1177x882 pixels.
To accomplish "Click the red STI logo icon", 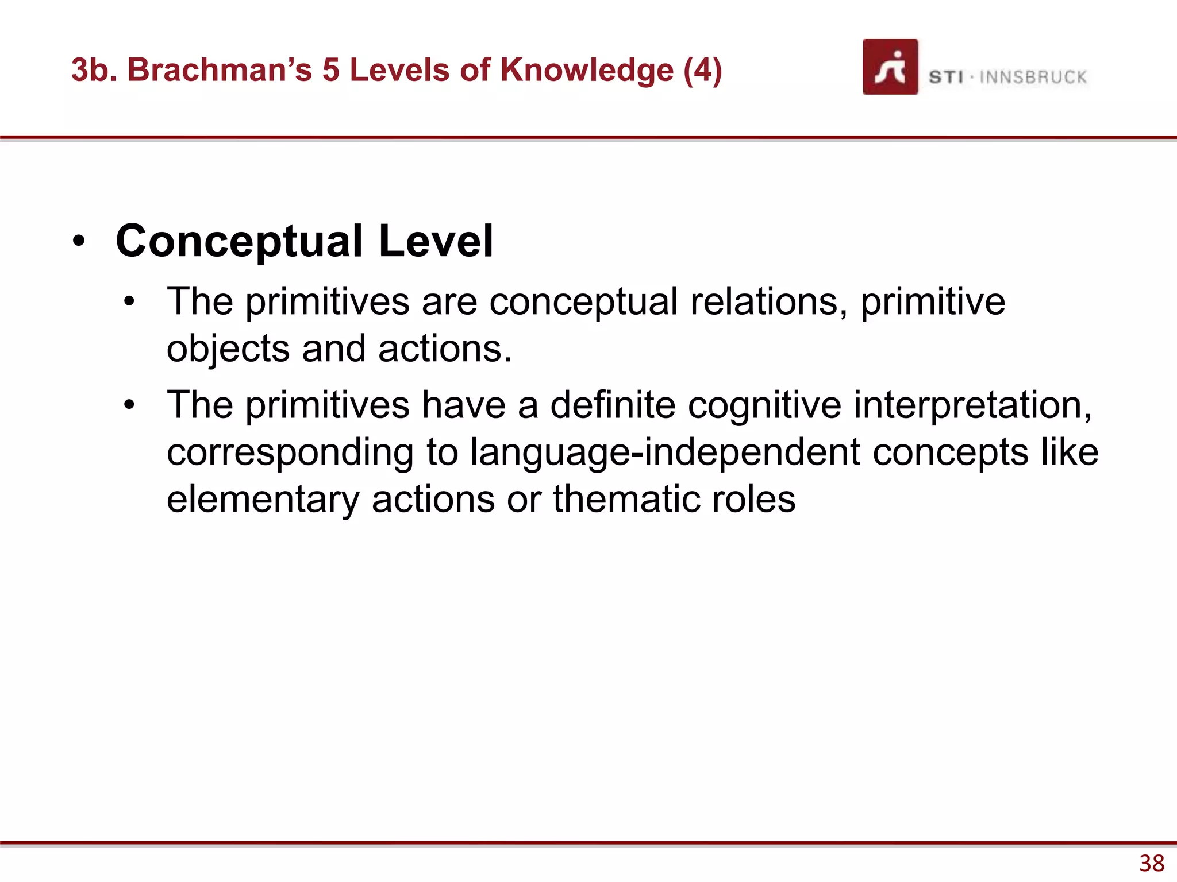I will click(890, 67).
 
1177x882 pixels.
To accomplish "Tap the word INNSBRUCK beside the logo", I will click(1033, 77).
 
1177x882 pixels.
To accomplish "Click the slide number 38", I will click(1152, 863).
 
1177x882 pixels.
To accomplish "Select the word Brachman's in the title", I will click(220, 70).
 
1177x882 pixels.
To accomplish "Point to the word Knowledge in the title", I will click(587, 70).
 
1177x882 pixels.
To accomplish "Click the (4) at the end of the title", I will click(702, 70).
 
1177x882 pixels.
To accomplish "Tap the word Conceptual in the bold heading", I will click(239, 241).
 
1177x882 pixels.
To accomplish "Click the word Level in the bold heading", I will click(436, 241).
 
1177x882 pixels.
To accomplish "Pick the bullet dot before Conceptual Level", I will click(79, 241).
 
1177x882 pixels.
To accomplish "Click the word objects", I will click(228, 349).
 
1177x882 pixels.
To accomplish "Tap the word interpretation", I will click(972, 405).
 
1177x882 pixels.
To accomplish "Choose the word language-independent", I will click(665, 452).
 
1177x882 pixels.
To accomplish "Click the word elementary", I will click(263, 499).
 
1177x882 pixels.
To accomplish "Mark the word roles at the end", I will click(753, 499).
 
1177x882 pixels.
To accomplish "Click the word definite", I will click(613, 405).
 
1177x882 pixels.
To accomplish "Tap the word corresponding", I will click(290, 452).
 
